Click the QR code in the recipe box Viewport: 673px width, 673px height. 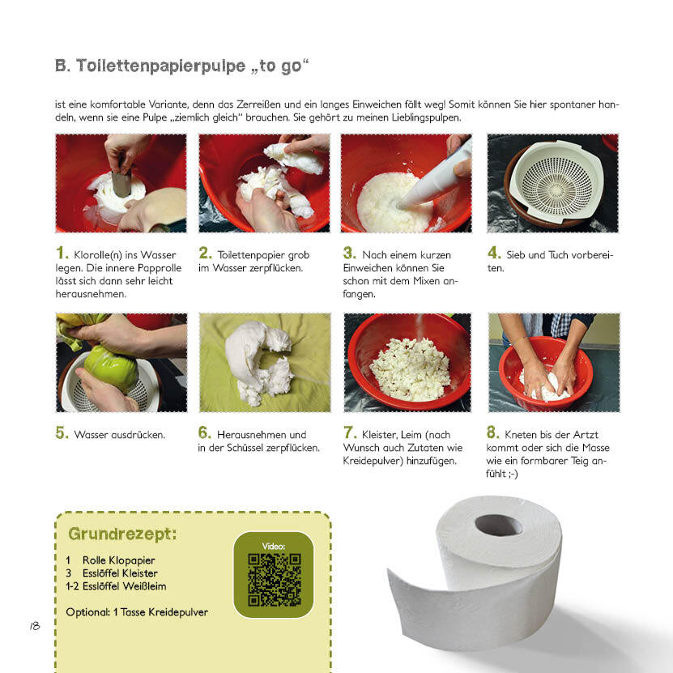click(275, 579)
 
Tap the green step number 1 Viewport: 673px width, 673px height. click(62, 253)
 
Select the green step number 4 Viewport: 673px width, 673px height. click(494, 253)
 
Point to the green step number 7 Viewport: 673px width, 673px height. click(349, 432)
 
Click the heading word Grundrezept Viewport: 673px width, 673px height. click(122, 534)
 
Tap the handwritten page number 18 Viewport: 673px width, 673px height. click(35, 626)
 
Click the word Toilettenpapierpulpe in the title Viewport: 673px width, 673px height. click(161, 66)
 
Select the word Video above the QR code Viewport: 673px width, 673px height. click(274, 546)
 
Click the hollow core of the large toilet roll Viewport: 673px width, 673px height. click(499, 526)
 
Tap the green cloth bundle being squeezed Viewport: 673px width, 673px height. click(110, 368)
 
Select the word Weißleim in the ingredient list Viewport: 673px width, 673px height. click(144, 586)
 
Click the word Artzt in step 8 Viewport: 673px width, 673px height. click(585, 434)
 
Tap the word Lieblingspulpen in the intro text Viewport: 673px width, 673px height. click(426, 117)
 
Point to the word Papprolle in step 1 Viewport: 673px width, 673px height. click(160, 268)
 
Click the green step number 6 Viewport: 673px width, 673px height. click(204, 432)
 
